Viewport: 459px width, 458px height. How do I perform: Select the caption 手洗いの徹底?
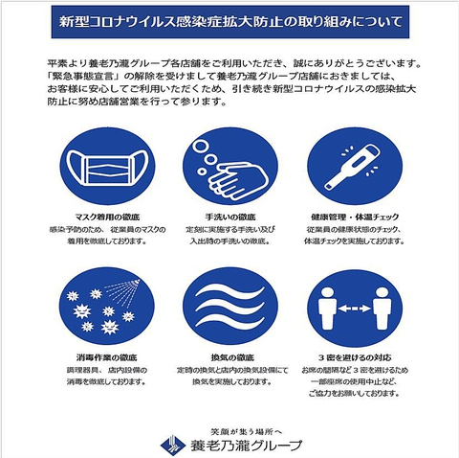pyautogui.click(x=230, y=218)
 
